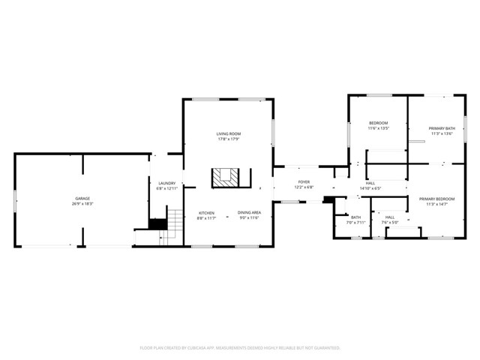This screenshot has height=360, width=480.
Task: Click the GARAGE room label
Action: point(82,199)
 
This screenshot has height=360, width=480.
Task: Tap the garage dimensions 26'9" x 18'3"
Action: point(82,204)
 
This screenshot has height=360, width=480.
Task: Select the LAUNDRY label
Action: point(166,183)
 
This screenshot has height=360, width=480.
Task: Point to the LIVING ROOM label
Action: point(229,133)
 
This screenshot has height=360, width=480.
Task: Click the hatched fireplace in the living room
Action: point(224,177)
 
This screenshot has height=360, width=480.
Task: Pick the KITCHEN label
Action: point(206,213)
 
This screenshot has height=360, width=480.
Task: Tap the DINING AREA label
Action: point(250,213)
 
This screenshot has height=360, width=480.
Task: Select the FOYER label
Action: point(304,182)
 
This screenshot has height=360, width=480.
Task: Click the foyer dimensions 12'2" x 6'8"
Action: point(304,187)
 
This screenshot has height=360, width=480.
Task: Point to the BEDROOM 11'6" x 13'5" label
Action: point(378,123)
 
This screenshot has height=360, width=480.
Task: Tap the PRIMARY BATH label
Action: point(441,128)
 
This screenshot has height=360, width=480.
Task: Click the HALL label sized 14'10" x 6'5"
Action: point(370,183)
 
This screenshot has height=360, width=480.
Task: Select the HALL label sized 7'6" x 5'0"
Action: point(390,217)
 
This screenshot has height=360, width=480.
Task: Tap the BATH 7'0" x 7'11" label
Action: point(355,217)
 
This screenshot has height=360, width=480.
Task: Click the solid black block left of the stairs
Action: point(157,223)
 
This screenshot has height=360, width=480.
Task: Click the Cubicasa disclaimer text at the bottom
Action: point(240,348)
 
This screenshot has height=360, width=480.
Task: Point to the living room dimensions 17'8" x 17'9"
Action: point(229,139)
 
